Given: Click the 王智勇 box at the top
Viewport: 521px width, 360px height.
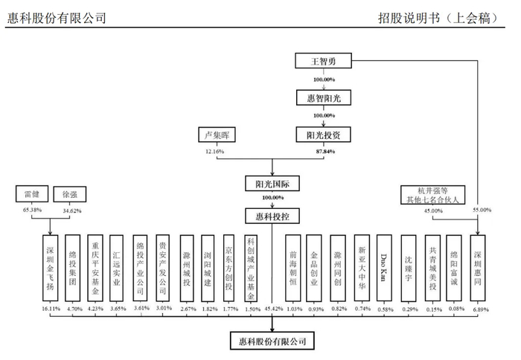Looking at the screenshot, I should click(324, 61).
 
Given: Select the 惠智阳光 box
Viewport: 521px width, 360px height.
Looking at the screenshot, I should click(324, 97).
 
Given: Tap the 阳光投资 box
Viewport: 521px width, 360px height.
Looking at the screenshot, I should click(324, 135).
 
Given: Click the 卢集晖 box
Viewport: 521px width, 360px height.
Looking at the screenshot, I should click(215, 135).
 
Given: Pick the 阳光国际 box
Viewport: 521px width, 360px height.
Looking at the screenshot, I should click(271, 182).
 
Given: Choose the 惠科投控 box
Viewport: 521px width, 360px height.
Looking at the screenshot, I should click(271, 216).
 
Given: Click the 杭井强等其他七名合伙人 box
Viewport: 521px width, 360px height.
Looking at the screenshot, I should click(432, 195).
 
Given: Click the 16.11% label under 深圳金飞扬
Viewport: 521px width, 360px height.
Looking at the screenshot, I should click(50, 308).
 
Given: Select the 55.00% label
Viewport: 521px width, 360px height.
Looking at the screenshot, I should click(482, 210).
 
